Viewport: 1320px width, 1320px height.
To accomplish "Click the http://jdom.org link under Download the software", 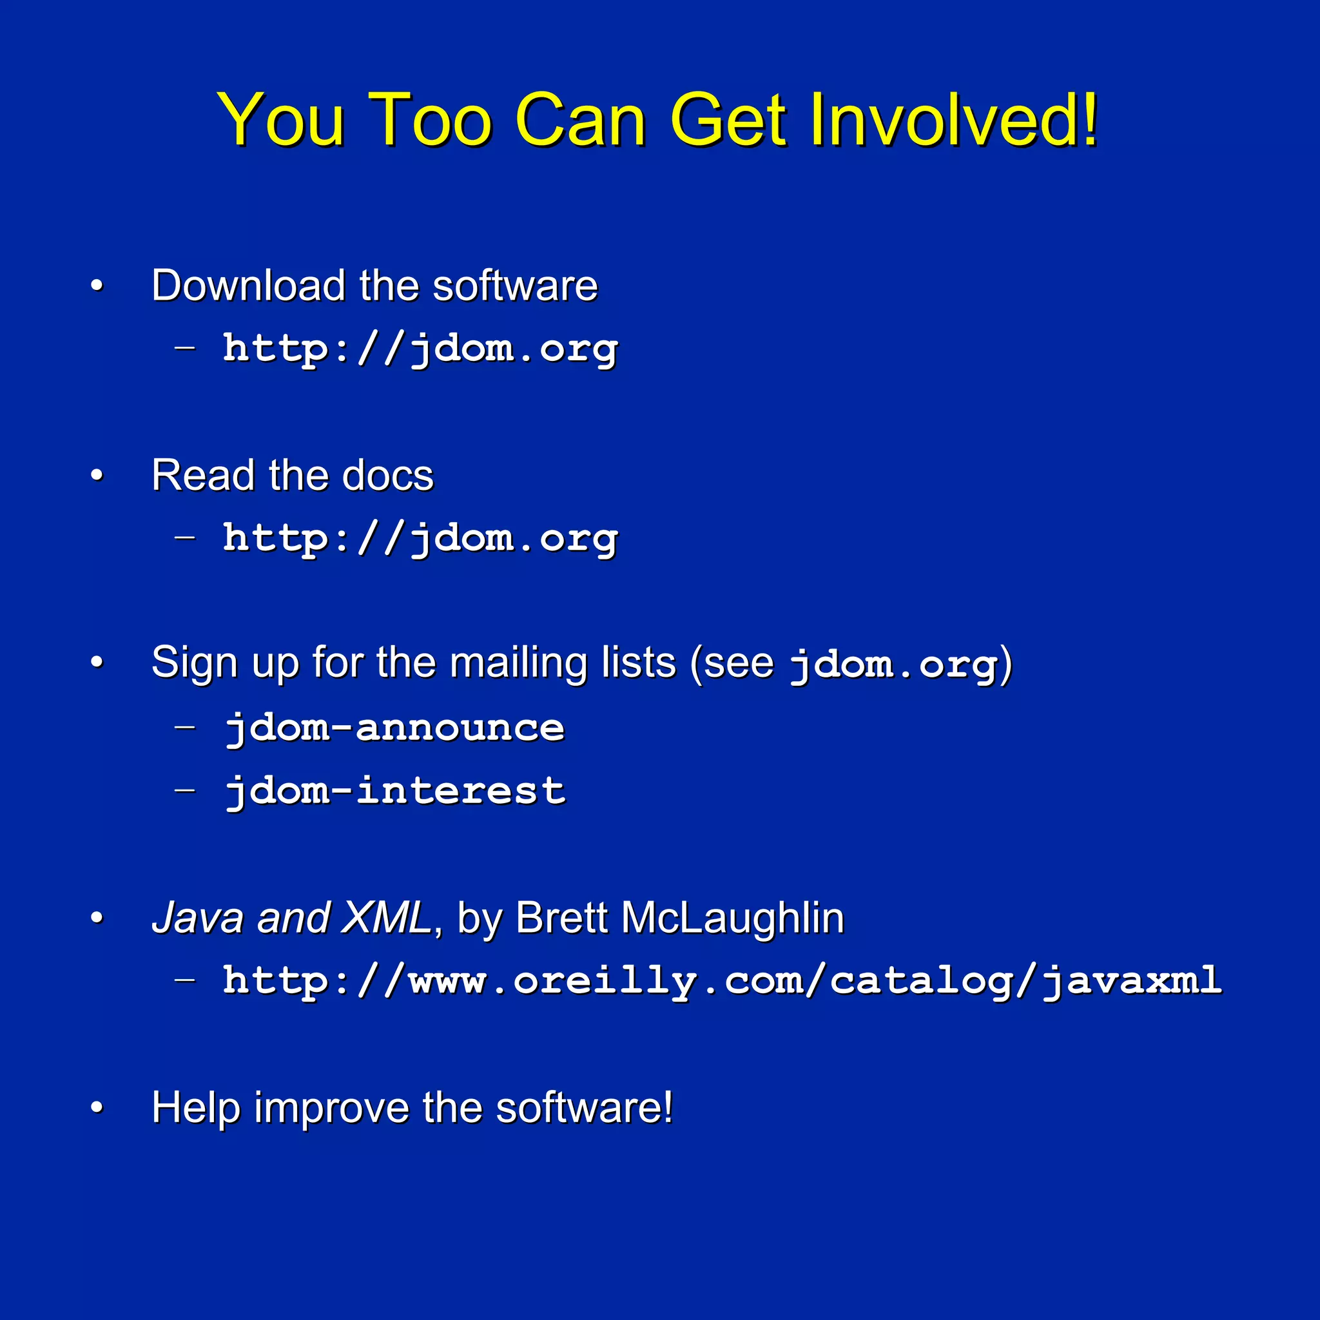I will pyautogui.click(x=420, y=349).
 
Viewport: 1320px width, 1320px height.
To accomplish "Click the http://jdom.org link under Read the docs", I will pyautogui.click(x=420, y=538).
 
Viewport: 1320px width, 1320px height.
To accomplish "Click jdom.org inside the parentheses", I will pyautogui.click(x=892, y=665).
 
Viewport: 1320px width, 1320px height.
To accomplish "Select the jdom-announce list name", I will pyautogui.click(x=395, y=727).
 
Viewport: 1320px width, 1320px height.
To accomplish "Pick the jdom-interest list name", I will pyautogui.click(x=395, y=790).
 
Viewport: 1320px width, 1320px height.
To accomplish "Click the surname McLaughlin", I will pyautogui.click(x=732, y=918).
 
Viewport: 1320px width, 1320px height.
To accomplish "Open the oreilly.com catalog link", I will pyautogui.click(x=721, y=980).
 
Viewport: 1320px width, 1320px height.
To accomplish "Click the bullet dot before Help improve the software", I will pyautogui.click(x=97, y=1107).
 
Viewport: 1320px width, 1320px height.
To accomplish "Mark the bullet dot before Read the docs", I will pyautogui.click(x=97, y=475).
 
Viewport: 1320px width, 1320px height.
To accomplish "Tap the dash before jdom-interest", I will pyautogui.click(x=184, y=790).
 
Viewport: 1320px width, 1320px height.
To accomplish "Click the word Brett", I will pyautogui.click(x=561, y=918).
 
